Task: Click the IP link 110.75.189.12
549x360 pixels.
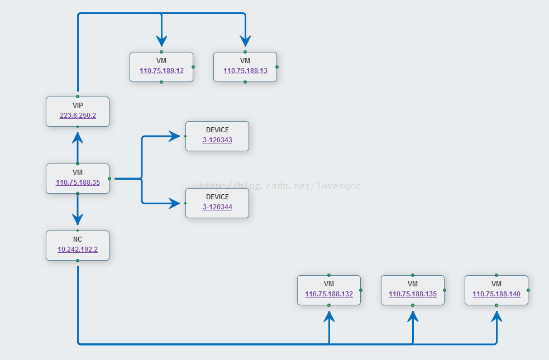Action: [161, 71]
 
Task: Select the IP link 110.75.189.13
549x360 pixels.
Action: [245, 71]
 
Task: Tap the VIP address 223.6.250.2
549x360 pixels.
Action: [78, 116]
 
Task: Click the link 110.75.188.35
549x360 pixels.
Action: [78, 183]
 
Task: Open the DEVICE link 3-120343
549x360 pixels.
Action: [217, 140]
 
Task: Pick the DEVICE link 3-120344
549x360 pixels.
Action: [217, 207]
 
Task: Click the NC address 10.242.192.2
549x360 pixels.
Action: [78, 249]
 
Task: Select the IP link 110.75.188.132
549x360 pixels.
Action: [329, 294]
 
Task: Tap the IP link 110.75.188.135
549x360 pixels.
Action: [413, 294]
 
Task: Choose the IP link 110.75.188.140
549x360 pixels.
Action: [497, 294]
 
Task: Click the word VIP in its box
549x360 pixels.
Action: [78, 105]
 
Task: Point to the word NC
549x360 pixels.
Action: [78, 239]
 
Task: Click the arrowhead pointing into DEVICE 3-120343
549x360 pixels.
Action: [174, 136]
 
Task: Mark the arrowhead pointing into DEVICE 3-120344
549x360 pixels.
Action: [174, 203]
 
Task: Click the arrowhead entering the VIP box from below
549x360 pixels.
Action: [78, 138]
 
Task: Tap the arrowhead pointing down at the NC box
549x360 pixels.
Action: [78, 219]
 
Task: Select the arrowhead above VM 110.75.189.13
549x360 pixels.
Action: [245, 41]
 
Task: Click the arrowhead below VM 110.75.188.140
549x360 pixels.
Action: [497, 316]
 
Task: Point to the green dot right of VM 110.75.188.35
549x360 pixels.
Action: [109, 179]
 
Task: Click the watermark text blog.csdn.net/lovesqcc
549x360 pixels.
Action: [279, 185]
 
